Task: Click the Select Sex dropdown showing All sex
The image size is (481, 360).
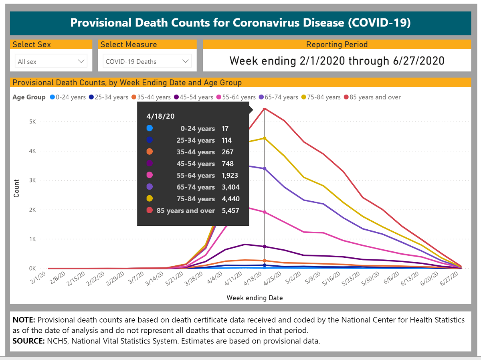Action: coord(51,61)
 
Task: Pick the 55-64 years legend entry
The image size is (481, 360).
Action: coord(236,97)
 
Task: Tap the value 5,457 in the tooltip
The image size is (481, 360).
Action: coord(230,210)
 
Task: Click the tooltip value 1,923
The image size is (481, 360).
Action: coord(230,176)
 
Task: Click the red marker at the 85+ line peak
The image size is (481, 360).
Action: coord(265,109)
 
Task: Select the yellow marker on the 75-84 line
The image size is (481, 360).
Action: coord(265,138)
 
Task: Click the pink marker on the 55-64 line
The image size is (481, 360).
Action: coord(265,212)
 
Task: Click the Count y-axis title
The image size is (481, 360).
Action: coord(16,188)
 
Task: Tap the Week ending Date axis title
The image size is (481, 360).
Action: coord(255,298)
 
